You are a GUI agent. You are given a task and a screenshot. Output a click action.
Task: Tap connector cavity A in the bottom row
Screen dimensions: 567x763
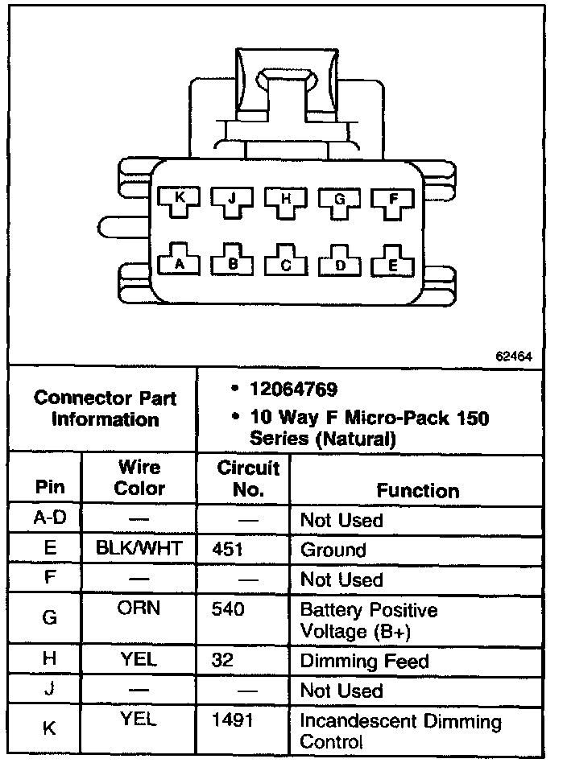tap(179, 262)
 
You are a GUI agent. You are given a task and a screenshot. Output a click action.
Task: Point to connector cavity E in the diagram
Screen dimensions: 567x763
tap(393, 262)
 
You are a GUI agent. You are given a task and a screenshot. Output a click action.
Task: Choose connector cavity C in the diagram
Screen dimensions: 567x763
tap(286, 263)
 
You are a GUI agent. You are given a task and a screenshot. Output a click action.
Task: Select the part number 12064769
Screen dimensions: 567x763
tap(293, 390)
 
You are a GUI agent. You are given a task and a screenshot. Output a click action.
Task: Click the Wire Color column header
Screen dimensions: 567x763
tap(139, 477)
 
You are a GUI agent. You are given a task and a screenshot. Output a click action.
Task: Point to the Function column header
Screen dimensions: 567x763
tap(418, 490)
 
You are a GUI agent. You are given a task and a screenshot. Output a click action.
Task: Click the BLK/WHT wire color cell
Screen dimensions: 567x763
tap(139, 550)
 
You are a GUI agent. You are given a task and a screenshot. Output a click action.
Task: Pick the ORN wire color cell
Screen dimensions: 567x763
tap(139, 609)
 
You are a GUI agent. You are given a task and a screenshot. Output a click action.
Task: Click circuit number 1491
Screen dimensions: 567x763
tap(230, 721)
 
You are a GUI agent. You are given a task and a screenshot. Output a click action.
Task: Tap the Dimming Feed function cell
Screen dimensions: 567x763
tap(364, 662)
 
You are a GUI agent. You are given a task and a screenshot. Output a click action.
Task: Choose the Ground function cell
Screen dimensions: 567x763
tap(333, 551)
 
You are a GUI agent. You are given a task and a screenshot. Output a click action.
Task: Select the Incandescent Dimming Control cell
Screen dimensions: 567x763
tap(400, 730)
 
